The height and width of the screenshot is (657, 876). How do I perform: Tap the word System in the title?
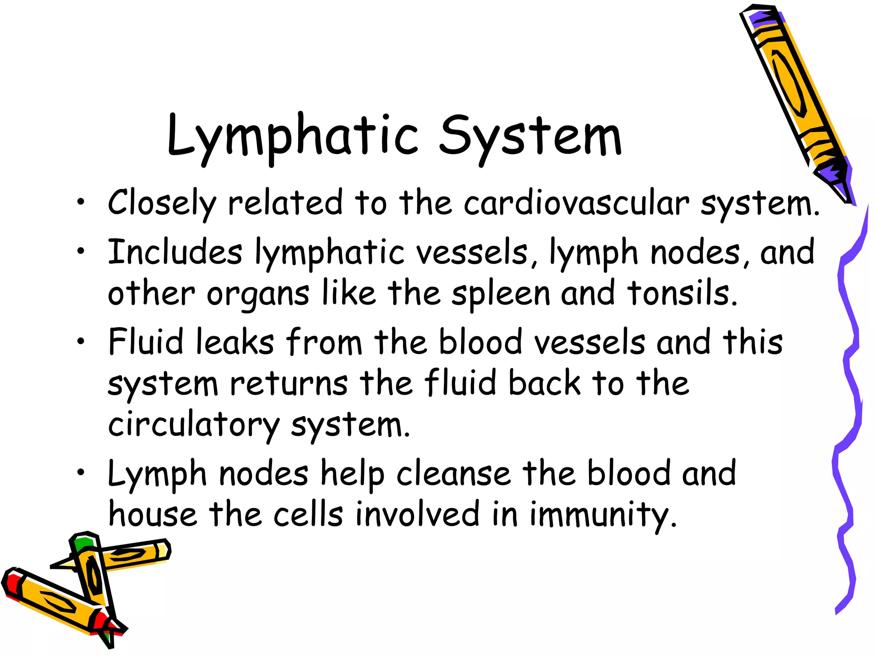tap(530, 137)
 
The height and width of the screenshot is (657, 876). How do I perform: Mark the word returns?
tap(289, 383)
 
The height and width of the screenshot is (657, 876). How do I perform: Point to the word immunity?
tap(603, 515)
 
